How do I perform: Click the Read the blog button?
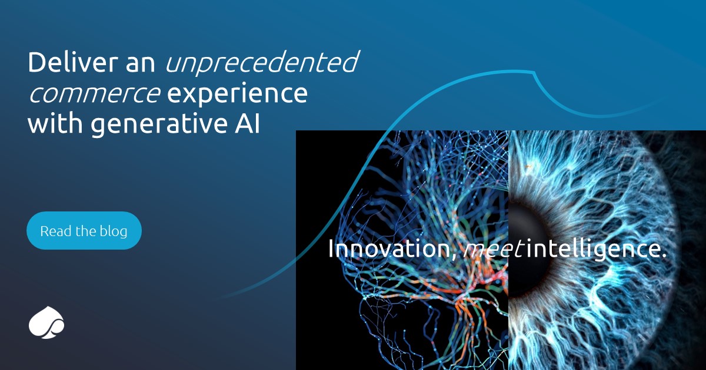point(84,231)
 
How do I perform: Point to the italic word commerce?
point(94,95)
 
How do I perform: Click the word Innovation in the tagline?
point(389,249)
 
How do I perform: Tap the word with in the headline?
point(52,125)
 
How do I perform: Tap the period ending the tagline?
point(664,256)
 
